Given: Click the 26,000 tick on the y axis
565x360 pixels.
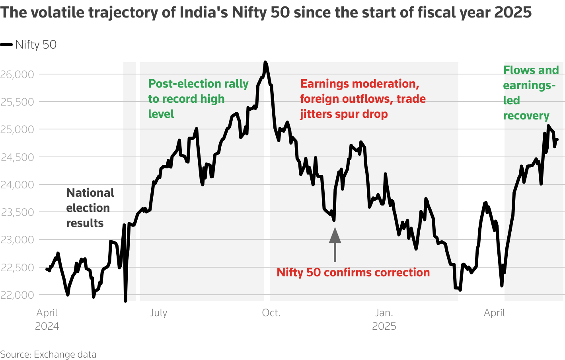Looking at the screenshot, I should click(17, 74).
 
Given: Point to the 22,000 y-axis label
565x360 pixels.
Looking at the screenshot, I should click(17, 295).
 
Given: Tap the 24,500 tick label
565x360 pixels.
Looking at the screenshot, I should click(17, 157).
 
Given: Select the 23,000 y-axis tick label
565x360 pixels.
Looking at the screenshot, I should click(17, 240).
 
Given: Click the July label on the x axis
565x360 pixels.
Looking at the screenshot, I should click(158, 313).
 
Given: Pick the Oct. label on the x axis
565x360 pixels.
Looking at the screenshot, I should click(271, 313).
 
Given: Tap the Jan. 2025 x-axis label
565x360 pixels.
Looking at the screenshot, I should click(384, 319).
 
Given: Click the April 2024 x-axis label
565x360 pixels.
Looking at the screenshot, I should click(47, 319).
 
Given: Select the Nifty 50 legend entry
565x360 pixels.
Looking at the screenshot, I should click(29, 45).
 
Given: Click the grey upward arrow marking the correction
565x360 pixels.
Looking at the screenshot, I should click(335, 244).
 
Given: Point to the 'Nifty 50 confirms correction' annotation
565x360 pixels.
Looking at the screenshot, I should click(353, 272).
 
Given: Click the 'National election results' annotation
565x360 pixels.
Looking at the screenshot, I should click(90, 208).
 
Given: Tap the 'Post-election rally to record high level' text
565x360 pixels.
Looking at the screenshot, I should click(198, 99).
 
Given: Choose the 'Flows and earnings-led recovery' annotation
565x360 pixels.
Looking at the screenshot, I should click(530, 93).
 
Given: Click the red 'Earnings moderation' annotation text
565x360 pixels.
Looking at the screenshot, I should click(362, 99).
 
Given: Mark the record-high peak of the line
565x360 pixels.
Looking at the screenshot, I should click(265, 63).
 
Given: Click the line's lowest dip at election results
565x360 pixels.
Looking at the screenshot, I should click(125, 301).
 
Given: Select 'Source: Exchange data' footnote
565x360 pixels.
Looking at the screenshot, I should click(48, 354).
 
